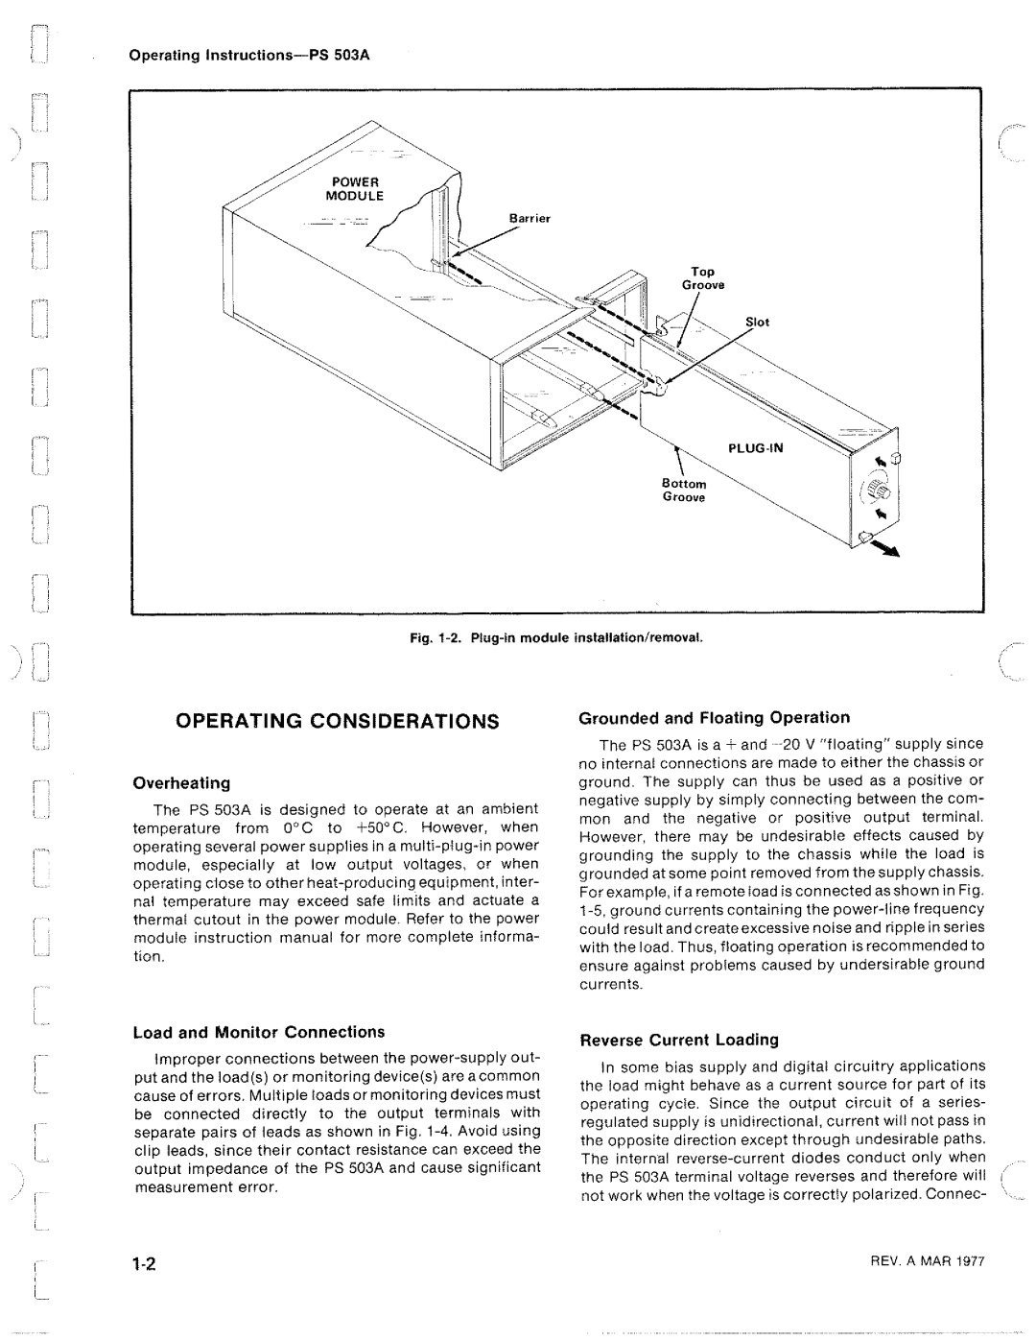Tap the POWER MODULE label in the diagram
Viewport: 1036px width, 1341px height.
tap(358, 188)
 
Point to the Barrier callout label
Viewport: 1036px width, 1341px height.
tap(530, 219)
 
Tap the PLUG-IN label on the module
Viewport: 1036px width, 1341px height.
tap(755, 446)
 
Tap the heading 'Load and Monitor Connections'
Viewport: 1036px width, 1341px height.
tap(258, 1032)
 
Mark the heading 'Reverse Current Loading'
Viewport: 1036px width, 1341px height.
tap(679, 1040)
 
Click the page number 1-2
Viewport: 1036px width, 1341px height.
tap(146, 1264)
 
